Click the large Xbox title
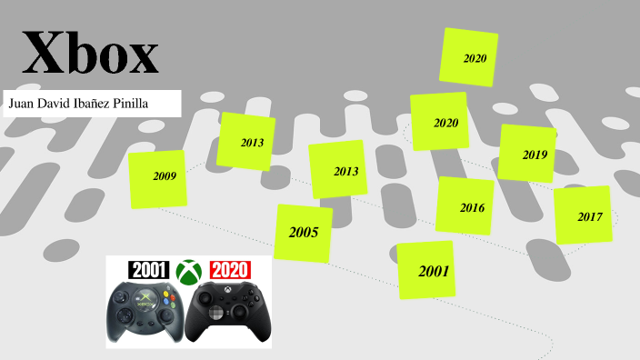90,54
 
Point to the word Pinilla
132,104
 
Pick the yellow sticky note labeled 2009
157,179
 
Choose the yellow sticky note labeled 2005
304,233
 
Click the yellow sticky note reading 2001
426,270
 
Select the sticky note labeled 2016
465,205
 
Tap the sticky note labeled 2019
527,153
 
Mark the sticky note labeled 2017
583,215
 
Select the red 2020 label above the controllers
230,270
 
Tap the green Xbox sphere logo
189,271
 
